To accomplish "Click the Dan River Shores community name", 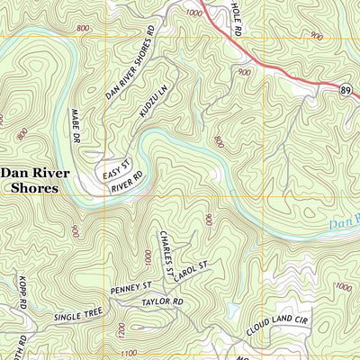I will [x=30, y=180].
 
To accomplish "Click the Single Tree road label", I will [x=78, y=314].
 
